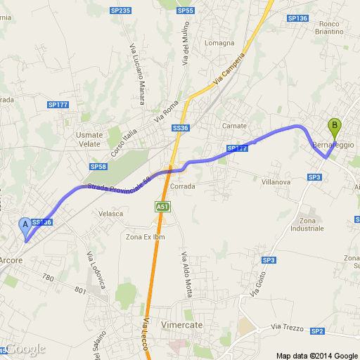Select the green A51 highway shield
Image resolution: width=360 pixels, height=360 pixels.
[162, 206]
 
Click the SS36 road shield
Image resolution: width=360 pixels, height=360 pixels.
[181, 128]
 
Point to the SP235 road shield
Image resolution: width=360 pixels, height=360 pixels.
[121, 11]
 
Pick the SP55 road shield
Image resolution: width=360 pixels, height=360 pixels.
[186, 11]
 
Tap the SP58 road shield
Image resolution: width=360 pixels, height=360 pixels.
[98, 167]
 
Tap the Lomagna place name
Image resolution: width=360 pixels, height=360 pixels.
[219, 43]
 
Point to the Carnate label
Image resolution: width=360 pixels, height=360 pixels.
[234, 125]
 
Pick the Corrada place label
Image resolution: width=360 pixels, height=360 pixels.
[182, 186]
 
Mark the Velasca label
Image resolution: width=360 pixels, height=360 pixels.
[111, 213]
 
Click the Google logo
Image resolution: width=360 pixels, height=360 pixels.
[25, 349]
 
